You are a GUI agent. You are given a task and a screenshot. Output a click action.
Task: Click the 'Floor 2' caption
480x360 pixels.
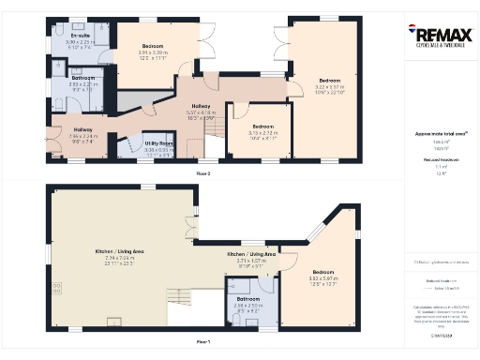(202, 173)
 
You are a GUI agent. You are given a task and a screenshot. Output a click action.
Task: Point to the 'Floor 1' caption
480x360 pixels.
(202, 342)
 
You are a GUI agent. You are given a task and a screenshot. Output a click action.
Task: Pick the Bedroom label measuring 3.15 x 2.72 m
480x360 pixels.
(262, 129)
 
